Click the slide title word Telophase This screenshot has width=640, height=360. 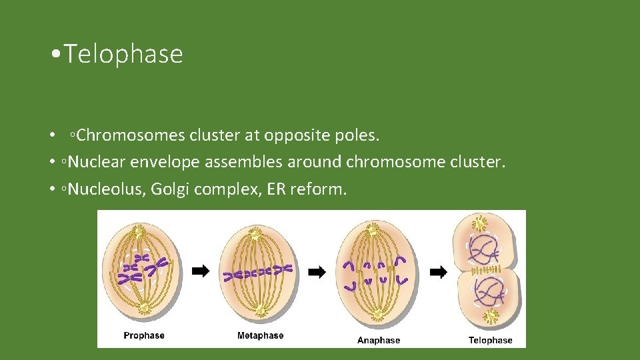click(124, 54)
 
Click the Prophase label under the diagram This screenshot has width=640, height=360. click(144, 335)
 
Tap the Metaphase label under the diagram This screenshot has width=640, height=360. click(260, 335)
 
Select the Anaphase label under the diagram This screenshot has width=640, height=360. click(378, 340)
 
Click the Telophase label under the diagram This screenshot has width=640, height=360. click(490, 340)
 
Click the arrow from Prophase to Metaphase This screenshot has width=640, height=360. click(201, 271)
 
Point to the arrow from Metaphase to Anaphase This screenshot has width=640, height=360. click(318, 271)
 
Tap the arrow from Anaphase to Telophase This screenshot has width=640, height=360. click(438, 271)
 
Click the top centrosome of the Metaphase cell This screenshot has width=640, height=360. click(259, 231)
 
